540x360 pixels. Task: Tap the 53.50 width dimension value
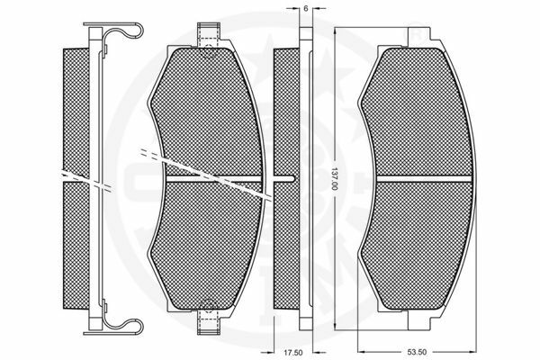pyautogui.click(x=417, y=352)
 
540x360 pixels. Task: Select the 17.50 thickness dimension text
pyautogui.click(x=292, y=353)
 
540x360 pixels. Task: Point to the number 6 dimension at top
pyautogui.click(x=305, y=8)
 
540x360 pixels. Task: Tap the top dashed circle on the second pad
pyautogui.click(x=209, y=51)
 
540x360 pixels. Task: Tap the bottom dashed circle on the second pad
pyautogui.click(x=209, y=306)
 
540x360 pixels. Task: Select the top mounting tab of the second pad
pyautogui.click(x=209, y=35)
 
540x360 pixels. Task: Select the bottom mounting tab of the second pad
pyautogui.click(x=209, y=323)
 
